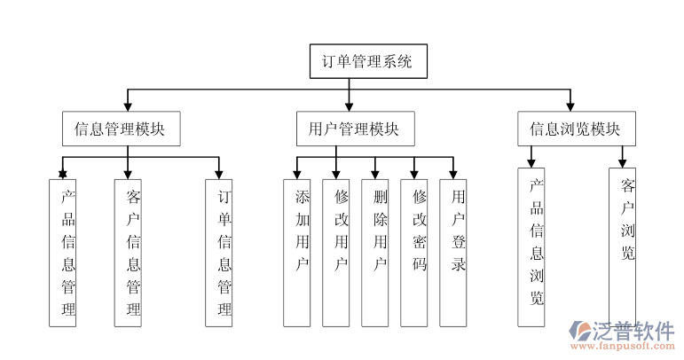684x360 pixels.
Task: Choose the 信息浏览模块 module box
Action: pyautogui.click(x=575, y=129)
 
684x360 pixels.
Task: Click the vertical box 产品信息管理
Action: pyautogui.click(x=62, y=253)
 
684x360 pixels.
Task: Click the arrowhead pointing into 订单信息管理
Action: pyautogui.click(x=218, y=173)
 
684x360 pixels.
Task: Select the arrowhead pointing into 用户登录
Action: pyautogui.click(x=452, y=173)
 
